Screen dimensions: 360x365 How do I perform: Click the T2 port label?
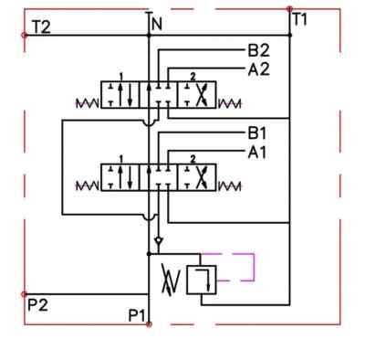point(40,26)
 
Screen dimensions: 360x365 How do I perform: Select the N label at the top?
point(157,24)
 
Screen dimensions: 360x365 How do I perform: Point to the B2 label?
point(258,50)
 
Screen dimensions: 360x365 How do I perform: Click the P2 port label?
point(36,305)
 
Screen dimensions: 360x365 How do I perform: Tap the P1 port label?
point(137,316)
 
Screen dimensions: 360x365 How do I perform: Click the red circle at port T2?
point(24,36)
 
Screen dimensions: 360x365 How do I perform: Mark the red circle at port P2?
point(24,294)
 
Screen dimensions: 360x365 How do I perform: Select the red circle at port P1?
point(149,323)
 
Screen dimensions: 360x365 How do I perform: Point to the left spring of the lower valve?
point(88,186)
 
